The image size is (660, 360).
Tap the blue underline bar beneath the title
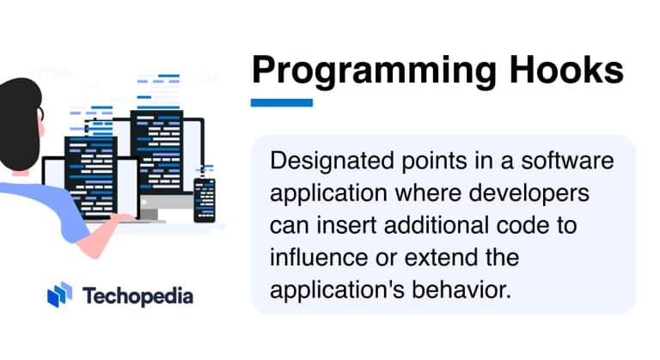281,102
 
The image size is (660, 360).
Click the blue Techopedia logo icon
60,295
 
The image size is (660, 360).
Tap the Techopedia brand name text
137,296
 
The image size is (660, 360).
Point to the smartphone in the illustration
204,195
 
